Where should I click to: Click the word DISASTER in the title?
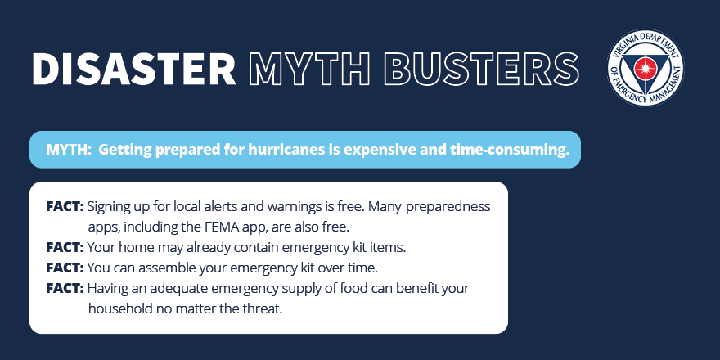(133, 68)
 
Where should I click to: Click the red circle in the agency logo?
(645, 69)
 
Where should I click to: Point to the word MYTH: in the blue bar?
(69, 150)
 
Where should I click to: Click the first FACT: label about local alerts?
(65, 207)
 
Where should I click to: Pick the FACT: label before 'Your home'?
(65, 247)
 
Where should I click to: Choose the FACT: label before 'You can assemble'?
(65, 268)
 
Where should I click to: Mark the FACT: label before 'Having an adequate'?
(65, 289)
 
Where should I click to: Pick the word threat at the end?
(261, 309)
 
